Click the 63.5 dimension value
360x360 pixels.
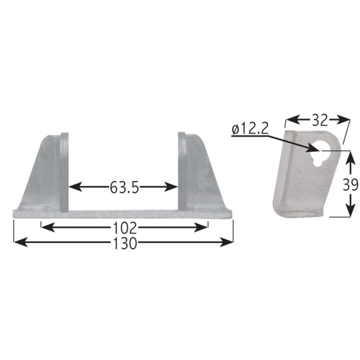[x=124, y=187]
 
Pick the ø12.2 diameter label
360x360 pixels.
[x=250, y=130]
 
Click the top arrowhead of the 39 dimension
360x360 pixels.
[x=349, y=155]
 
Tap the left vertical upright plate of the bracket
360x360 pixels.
[x=64, y=172]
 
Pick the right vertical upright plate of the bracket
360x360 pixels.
[x=182, y=172]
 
